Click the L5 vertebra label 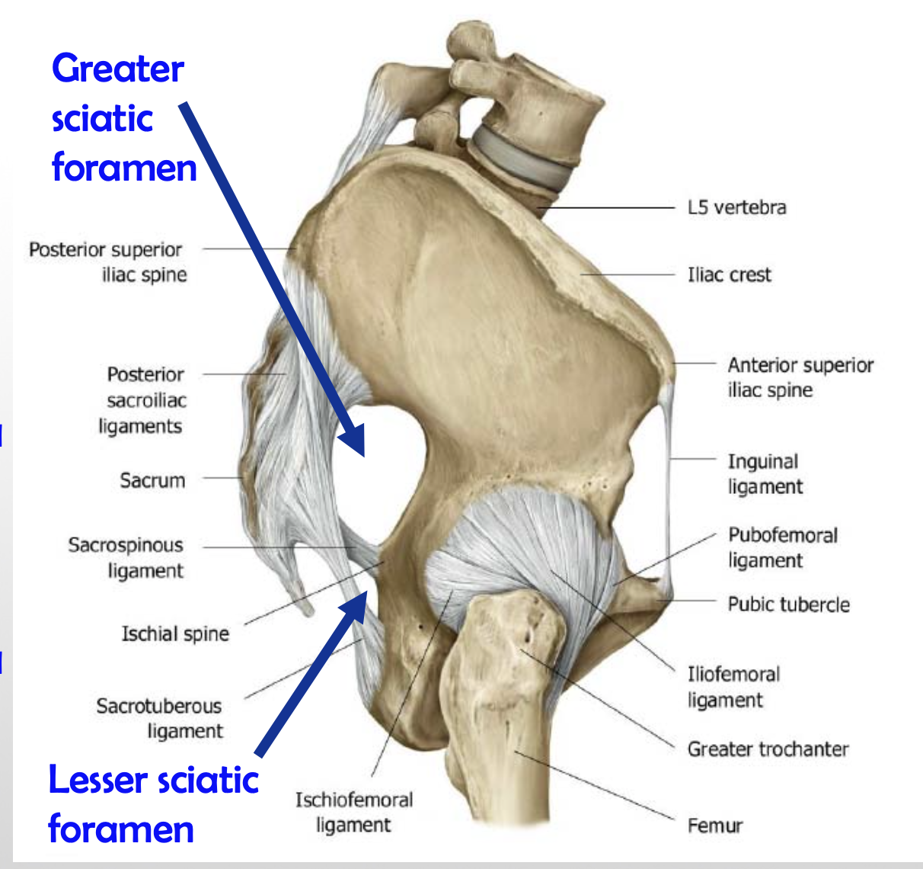pos(736,207)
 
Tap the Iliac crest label pos(729,274)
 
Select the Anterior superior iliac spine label pos(800,377)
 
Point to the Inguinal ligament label pos(765,473)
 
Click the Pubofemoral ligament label pos(782,547)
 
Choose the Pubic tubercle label pos(788,604)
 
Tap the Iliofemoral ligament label pos(733,687)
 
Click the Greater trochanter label pos(768,749)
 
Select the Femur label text pos(714,826)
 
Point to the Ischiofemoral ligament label pos(354,812)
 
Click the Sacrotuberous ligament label pos(159,718)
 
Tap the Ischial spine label pos(175,634)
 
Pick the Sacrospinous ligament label pos(126,558)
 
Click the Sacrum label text pos(152,480)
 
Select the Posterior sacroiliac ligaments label pos(142,400)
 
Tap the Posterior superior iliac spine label pos(106,262)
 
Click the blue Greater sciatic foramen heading pos(122,118)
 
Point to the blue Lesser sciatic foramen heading pos(152,804)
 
